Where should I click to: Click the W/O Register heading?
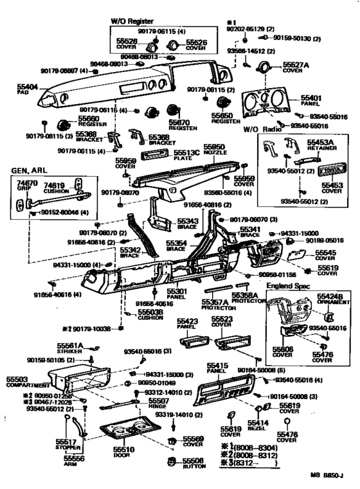pyautogui.click(x=132, y=21)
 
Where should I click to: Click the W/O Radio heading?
pyautogui.click(x=259, y=130)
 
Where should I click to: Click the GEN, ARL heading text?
pyautogui.click(x=30, y=172)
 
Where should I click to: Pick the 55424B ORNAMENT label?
pyautogui.click(x=330, y=299)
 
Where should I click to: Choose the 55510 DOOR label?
pyautogui.click(x=123, y=452)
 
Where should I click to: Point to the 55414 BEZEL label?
pyautogui.click(x=258, y=427)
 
